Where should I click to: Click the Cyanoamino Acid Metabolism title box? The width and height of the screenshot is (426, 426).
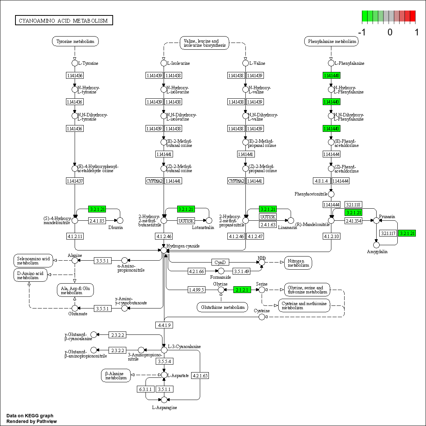click(64, 20)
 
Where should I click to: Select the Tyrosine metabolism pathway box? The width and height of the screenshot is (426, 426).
click(75, 41)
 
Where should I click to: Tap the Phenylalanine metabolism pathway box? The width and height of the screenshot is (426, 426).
click(331, 41)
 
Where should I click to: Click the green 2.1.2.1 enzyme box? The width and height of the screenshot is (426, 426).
click(242, 290)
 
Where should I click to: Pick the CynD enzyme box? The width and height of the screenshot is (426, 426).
click(220, 262)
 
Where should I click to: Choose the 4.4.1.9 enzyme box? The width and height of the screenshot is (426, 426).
click(164, 325)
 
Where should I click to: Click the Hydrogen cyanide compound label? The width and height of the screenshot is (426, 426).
click(183, 246)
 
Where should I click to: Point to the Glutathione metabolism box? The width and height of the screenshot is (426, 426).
click(222, 307)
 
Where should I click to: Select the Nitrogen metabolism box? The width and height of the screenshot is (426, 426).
click(298, 263)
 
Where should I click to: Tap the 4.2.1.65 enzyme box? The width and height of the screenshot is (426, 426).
click(200, 376)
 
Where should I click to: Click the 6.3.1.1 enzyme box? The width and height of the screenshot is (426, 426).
click(145, 389)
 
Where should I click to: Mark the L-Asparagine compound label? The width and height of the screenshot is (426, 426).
click(164, 407)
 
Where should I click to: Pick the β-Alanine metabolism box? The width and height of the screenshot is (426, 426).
click(116, 376)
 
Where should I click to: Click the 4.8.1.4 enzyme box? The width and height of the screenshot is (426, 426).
click(321, 181)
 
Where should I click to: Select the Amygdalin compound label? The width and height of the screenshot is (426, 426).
click(377, 251)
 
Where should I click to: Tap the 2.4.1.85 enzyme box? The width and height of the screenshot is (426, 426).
click(97, 221)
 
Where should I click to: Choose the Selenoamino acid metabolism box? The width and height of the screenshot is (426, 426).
click(33, 261)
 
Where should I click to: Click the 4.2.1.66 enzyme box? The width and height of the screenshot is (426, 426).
click(196, 271)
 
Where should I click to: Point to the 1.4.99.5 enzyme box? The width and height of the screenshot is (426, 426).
click(196, 290)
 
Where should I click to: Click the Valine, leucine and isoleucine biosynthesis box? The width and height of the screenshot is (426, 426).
click(204, 43)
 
